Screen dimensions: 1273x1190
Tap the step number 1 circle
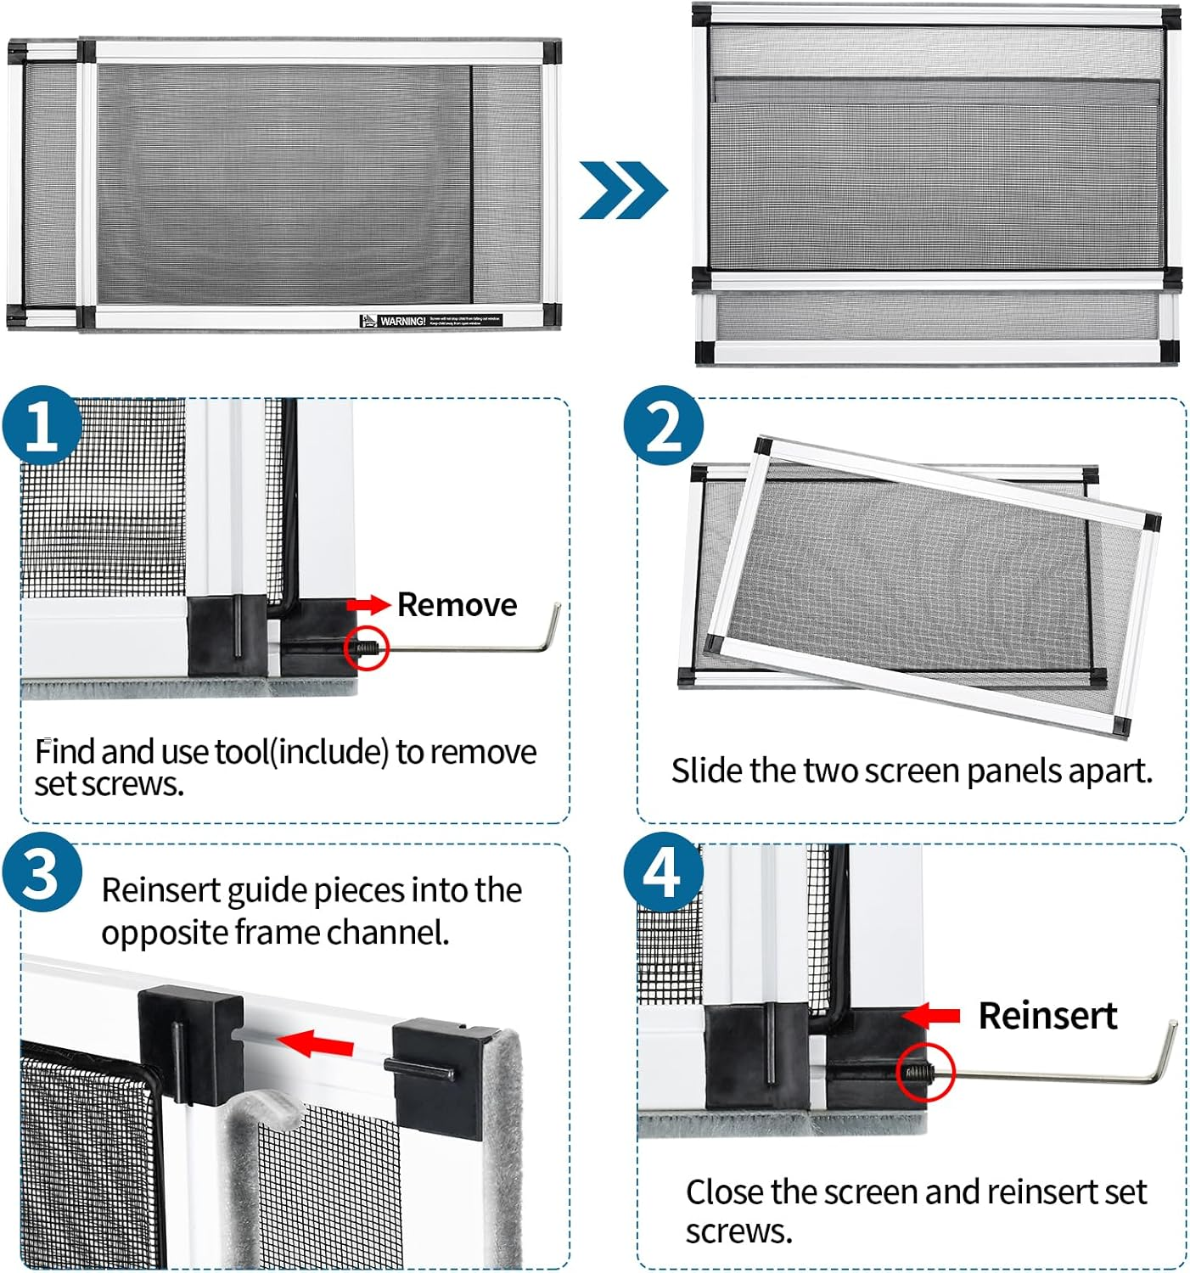[42, 427]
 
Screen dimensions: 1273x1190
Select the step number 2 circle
[663, 427]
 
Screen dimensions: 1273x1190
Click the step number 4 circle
[663, 873]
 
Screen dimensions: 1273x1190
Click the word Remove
[457, 605]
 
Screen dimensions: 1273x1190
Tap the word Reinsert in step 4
[1047, 1016]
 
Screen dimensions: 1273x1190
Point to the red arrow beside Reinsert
[931, 1015]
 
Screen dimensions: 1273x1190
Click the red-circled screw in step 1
[367, 649]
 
